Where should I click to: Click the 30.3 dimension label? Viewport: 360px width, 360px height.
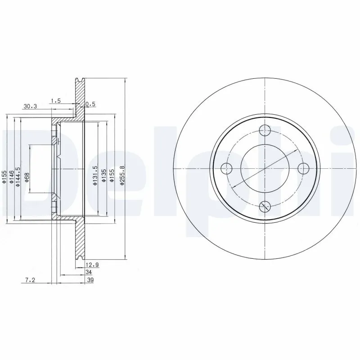pos(30,107)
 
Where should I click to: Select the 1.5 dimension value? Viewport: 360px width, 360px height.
pos(56,101)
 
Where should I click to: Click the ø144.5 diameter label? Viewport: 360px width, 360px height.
pos(19,176)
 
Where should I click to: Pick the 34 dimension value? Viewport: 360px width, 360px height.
pos(89,273)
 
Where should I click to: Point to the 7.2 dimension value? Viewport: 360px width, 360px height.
pos(30,280)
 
